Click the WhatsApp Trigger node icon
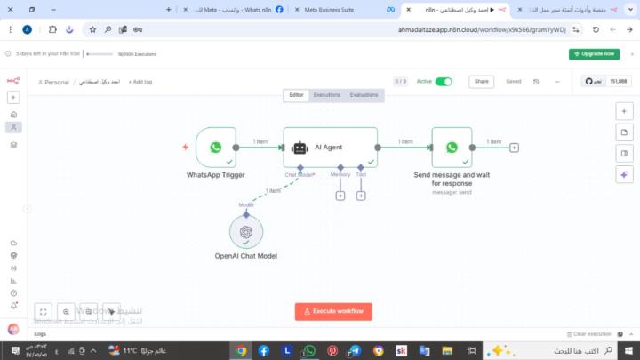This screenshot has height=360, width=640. [215, 148]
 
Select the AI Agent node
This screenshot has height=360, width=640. [330, 147]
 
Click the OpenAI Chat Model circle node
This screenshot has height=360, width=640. [246, 232]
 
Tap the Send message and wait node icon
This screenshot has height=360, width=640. [452, 148]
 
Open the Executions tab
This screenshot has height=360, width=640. [326, 94]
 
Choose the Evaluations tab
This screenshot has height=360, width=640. [364, 94]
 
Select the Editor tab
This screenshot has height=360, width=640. [296, 94]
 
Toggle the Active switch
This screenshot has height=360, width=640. [444, 81]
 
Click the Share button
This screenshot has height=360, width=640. [482, 81]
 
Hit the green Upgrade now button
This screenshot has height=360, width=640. [594, 53]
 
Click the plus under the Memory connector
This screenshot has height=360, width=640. [340, 195]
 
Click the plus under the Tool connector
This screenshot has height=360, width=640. [361, 195]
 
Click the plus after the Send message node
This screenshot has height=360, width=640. [514, 148]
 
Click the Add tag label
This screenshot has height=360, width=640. [140, 82]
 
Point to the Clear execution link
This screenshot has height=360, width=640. [592, 333]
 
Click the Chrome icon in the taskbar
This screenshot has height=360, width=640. [241, 350]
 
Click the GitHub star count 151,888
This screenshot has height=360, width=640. [616, 81]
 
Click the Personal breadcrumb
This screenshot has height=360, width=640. [55, 82]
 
